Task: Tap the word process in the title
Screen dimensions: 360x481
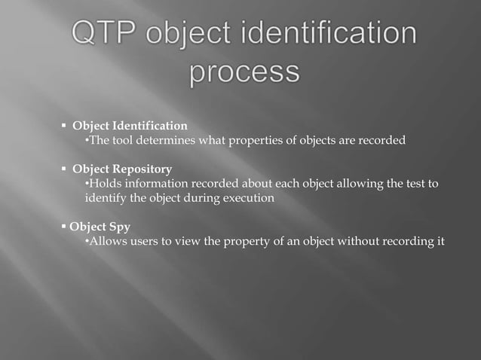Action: pyautogui.click(x=244, y=73)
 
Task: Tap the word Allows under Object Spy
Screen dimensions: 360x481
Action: pyautogui.click(x=108, y=242)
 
